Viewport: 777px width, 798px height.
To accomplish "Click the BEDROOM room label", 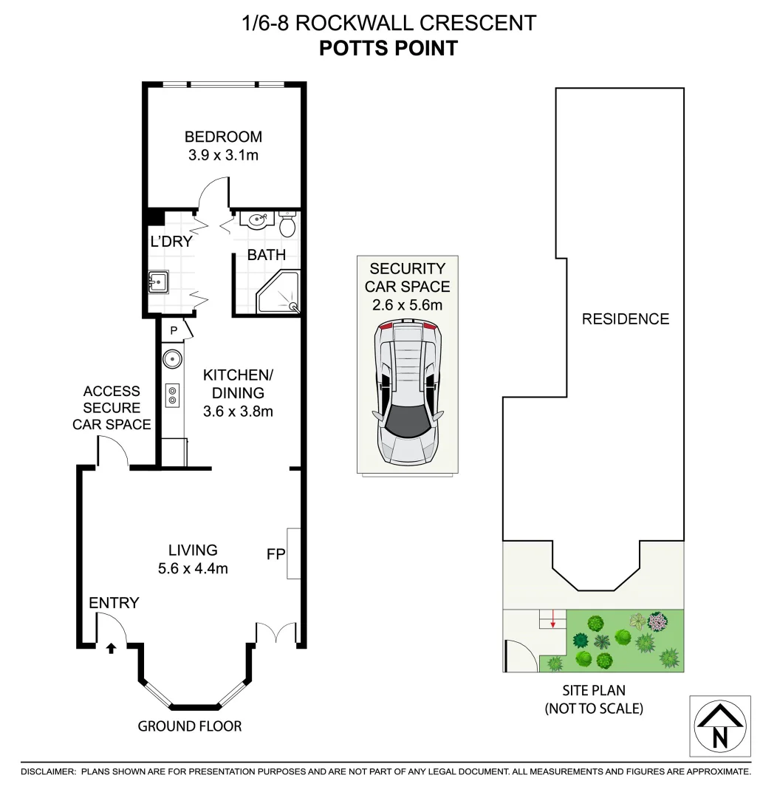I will [x=223, y=137].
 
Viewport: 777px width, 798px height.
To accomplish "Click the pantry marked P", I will [x=174, y=330].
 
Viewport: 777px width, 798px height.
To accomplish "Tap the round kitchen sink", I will [x=172, y=358].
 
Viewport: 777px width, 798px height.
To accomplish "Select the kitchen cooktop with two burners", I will [x=173, y=395].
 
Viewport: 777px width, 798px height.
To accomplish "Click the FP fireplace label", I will [x=276, y=553].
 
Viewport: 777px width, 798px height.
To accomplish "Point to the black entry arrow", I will [x=111, y=648].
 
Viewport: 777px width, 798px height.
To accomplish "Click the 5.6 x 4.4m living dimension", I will [x=193, y=568].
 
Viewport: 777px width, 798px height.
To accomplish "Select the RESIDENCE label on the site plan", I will [x=625, y=319].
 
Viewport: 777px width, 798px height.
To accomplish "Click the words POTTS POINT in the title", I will [x=388, y=49].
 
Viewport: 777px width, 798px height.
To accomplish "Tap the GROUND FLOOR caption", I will [x=190, y=726].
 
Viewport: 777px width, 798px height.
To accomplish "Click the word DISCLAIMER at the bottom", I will [x=48, y=771].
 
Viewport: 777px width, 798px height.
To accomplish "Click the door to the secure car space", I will [x=112, y=451].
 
